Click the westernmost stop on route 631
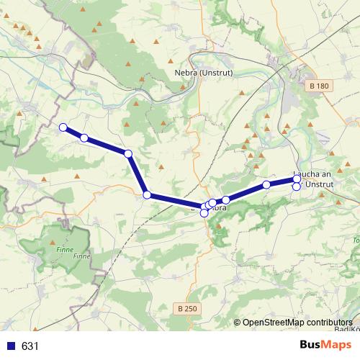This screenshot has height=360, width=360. click(63, 127)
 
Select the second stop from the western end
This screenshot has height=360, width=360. click(84, 138)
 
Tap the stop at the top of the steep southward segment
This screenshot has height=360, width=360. click(128, 153)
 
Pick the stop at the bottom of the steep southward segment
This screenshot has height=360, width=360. click(147, 194)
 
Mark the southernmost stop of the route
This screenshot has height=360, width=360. click(204, 212)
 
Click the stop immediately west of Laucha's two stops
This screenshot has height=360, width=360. click(266, 185)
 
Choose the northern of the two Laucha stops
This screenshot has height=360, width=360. click(297, 179)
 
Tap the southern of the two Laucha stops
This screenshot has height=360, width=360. click(297, 187)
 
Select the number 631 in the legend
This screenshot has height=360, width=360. click(30, 346)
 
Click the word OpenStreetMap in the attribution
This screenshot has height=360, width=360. click(276, 323)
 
